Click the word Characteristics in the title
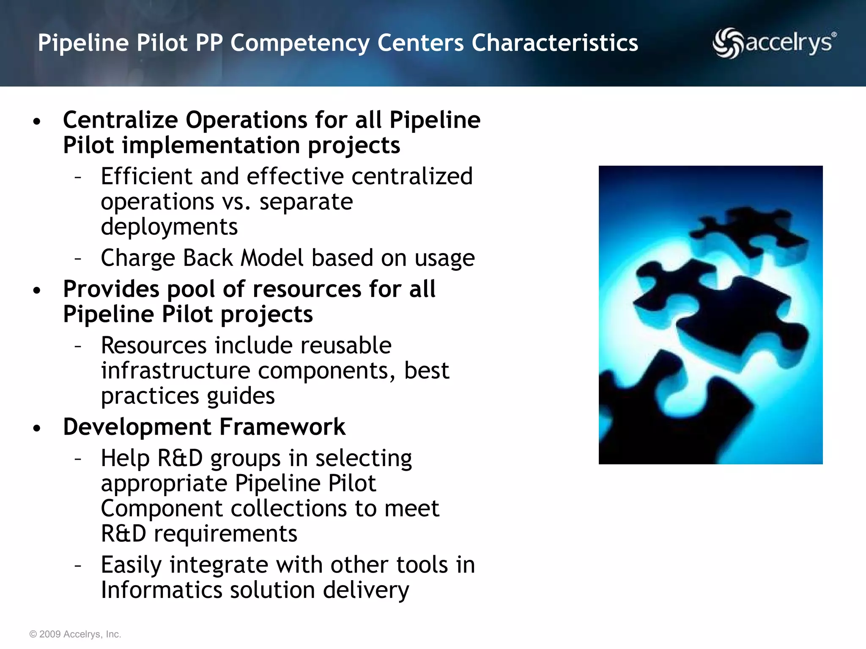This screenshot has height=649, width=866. point(554,43)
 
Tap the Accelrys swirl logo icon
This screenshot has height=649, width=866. point(727,43)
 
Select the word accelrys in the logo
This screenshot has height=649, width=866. point(789,44)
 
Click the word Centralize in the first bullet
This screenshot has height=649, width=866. point(121,120)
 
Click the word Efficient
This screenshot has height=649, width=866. point(146,176)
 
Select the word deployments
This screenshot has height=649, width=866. point(169,227)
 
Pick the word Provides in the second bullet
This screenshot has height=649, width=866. point(111,289)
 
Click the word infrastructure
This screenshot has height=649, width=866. point(175,371)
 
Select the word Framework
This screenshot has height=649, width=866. point(282,427)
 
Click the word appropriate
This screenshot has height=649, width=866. point(164,483)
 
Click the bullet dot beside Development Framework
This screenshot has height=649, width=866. point(37,428)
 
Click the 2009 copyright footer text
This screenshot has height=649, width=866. point(75,634)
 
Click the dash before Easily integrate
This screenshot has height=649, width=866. point(78,565)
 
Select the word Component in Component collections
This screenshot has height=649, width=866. point(162,508)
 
